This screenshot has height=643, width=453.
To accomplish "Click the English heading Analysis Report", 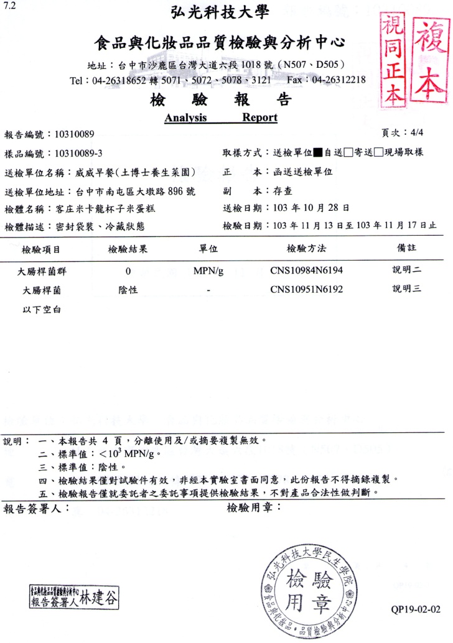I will coord(221,118).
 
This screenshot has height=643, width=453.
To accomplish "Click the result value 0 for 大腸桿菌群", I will coord(128,271).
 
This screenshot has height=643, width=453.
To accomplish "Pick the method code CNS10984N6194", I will coord(306,271).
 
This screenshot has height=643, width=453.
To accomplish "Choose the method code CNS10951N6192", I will coord(306,290).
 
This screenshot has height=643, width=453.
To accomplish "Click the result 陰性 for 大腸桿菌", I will coord(128,290).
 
